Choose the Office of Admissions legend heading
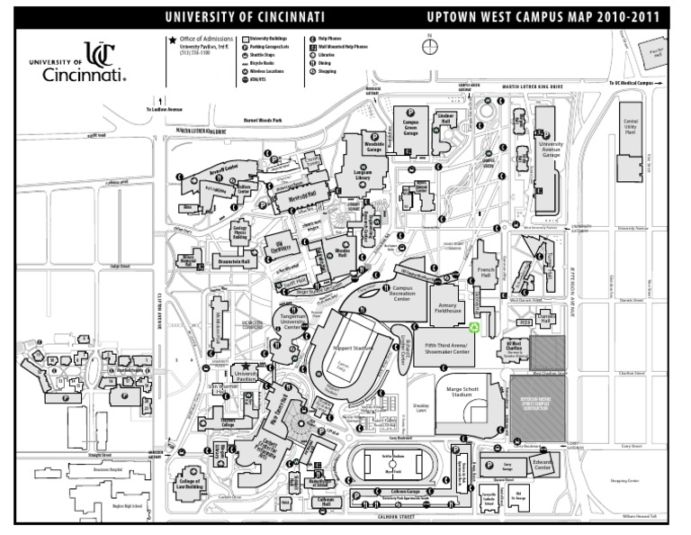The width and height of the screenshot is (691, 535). (206, 41)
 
